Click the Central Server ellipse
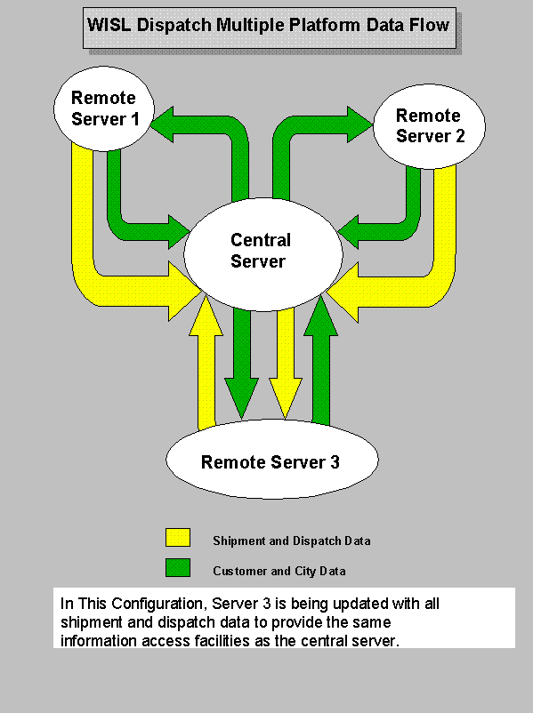(263, 254)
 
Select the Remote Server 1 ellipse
(104, 108)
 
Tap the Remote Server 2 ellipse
(429, 126)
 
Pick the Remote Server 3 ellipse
(271, 460)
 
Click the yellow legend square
(178, 537)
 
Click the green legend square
(178, 567)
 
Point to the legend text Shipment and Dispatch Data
(292, 541)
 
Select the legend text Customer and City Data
(279, 571)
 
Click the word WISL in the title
(109, 25)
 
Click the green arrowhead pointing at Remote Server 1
(162, 124)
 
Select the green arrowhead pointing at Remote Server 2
(360, 124)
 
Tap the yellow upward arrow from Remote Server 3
(206, 364)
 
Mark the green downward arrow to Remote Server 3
(242, 364)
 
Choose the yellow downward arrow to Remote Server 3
(286, 364)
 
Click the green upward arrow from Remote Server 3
(321, 362)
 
